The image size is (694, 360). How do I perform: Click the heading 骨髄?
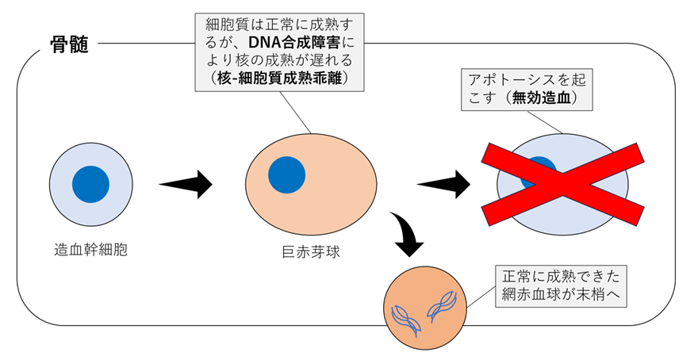click(x=66, y=45)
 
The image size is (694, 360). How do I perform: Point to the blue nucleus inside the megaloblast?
click(x=286, y=175)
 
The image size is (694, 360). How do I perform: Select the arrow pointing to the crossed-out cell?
click(x=444, y=184)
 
